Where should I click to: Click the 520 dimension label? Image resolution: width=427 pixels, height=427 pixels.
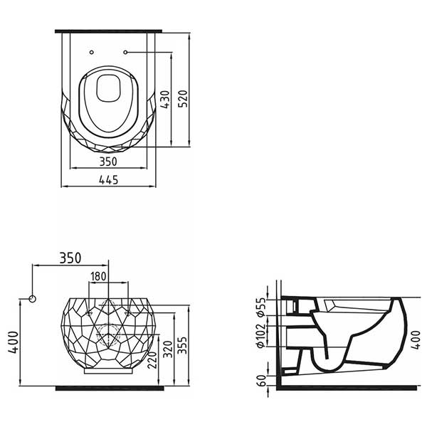(183, 98)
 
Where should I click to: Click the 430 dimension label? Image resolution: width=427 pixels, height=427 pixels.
(165, 100)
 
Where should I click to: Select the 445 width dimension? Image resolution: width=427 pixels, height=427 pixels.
(109, 180)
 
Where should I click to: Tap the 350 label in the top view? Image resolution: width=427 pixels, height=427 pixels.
(108, 162)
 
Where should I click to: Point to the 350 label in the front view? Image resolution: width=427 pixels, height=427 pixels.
(70, 258)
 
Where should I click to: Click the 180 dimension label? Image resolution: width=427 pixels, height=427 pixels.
(98, 276)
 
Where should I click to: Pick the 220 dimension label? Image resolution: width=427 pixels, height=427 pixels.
(152, 360)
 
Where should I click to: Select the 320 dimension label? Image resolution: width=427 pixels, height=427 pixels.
(168, 349)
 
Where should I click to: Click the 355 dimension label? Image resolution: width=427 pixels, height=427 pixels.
(182, 345)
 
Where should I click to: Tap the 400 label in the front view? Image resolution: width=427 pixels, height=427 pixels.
(14, 342)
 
